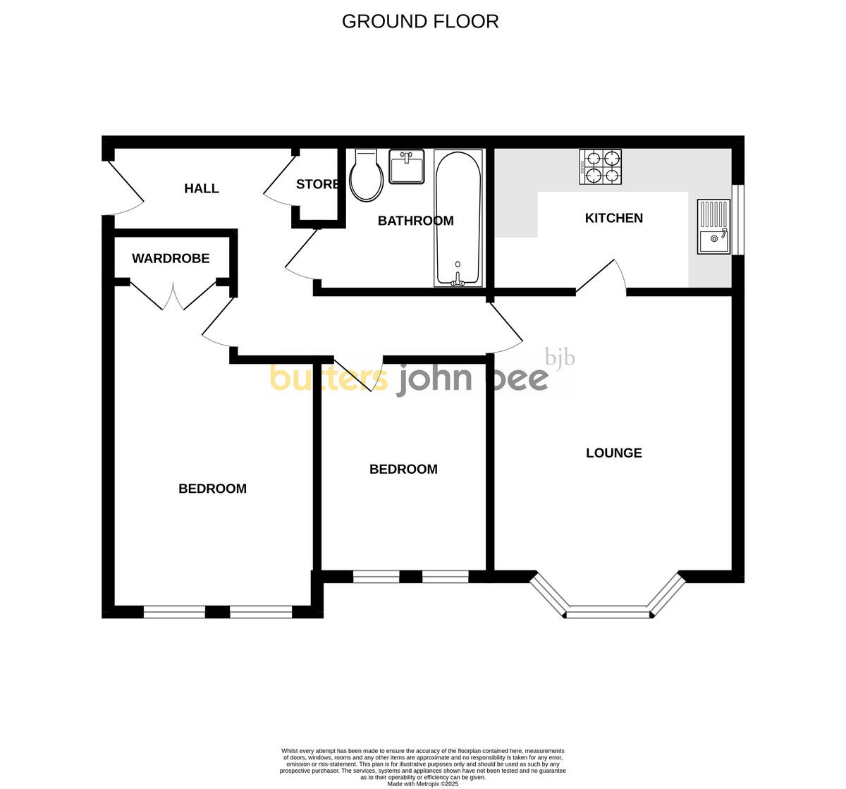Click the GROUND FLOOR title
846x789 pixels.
pyautogui.click(x=420, y=21)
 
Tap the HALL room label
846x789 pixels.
pyautogui.click(x=202, y=188)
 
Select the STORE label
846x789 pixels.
pyautogui.click(x=317, y=185)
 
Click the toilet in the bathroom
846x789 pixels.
pyautogui.click(x=367, y=176)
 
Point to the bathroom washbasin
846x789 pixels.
pyautogui.click(x=407, y=167)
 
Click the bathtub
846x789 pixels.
pyautogui.click(x=458, y=219)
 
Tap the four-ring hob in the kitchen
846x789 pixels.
pyautogui.click(x=601, y=167)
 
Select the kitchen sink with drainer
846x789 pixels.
pyautogui.click(x=714, y=226)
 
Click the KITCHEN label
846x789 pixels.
pyautogui.click(x=614, y=218)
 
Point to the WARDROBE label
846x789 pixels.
pyautogui.click(x=171, y=258)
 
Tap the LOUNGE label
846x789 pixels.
pyautogui.click(x=614, y=453)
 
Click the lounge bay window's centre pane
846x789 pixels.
pyautogui.click(x=608, y=612)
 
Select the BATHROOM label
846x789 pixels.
pyautogui.click(x=415, y=221)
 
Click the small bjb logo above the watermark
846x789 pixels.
pyautogui.click(x=560, y=358)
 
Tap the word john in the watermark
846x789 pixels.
pyautogui.click(x=434, y=379)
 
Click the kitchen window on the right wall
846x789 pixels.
pyautogui.click(x=738, y=219)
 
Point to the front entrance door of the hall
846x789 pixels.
pyautogui.click(x=123, y=188)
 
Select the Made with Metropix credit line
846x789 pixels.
pyautogui.click(x=423, y=783)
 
